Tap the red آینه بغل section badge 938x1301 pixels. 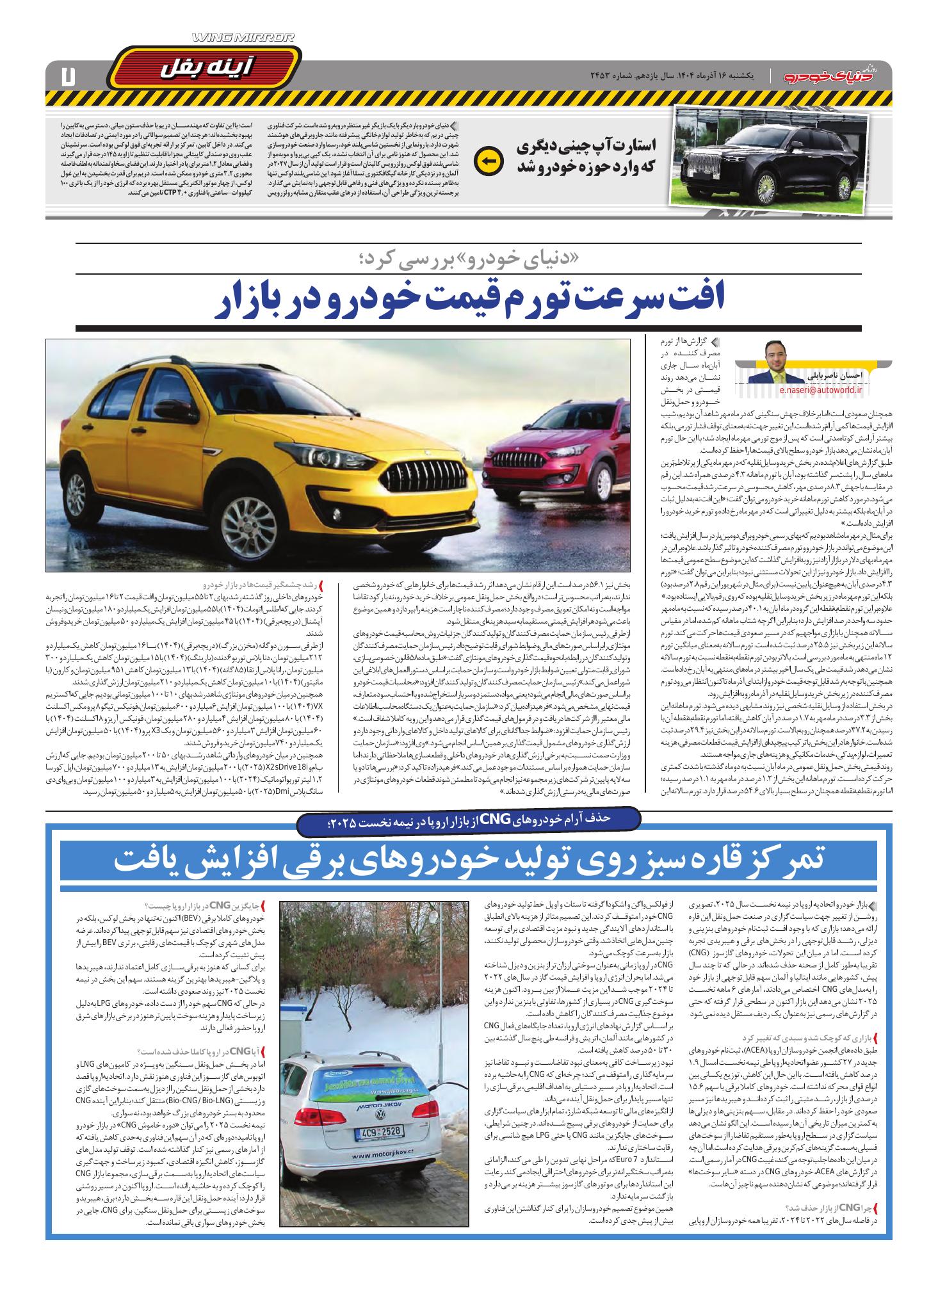pos(204,66)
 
